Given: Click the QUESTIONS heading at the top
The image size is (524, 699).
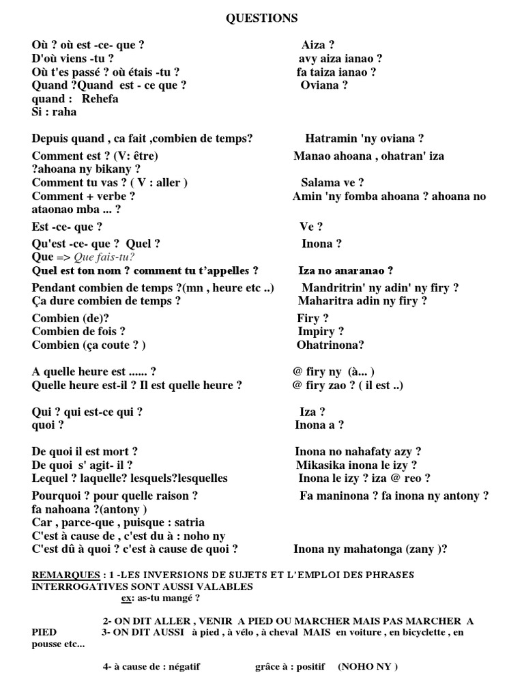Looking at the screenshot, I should [x=262, y=18].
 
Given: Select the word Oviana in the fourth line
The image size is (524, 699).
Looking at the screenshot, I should [x=320, y=85].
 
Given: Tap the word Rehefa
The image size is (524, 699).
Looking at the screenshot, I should [x=100, y=99].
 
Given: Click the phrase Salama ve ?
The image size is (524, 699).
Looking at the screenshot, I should [x=332, y=182].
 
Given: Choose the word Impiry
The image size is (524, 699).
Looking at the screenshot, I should [x=316, y=332].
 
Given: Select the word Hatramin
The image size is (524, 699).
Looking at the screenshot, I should [x=327, y=139].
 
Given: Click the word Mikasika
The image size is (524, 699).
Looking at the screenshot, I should [x=321, y=466].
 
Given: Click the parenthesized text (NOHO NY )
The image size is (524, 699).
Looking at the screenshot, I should [x=368, y=666].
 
